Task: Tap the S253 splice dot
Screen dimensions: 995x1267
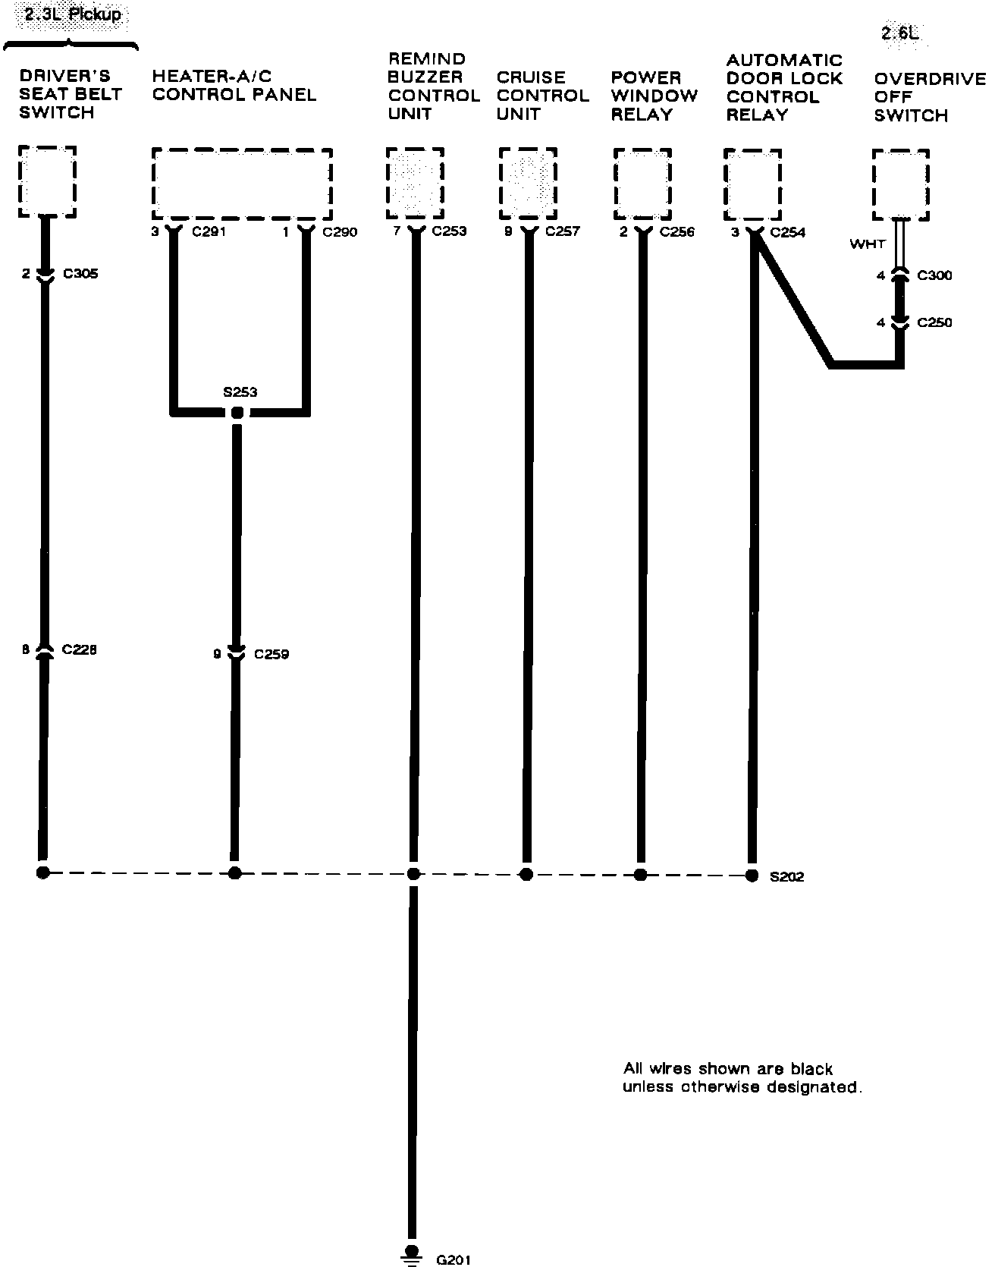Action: pos(237,413)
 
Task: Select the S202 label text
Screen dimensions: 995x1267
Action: pos(786,877)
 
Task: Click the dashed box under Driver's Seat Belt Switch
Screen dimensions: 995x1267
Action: pos(47,182)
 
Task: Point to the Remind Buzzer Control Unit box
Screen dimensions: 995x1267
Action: pos(415,184)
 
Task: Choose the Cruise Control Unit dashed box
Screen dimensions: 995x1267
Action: pos(528,184)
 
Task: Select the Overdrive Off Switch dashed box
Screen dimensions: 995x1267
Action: pos(901,185)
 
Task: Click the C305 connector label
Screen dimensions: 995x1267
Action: pos(80,274)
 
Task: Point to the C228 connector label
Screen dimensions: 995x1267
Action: pos(80,650)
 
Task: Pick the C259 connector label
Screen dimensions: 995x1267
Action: pos(272,654)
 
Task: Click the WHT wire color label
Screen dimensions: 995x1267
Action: pos(867,244)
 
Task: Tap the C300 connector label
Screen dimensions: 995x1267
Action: pos(934,275)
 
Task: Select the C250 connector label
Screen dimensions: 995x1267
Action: pos(934,322)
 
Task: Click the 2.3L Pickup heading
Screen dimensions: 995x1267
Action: pos(73,14)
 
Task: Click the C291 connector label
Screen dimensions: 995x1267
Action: pos(209,232)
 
